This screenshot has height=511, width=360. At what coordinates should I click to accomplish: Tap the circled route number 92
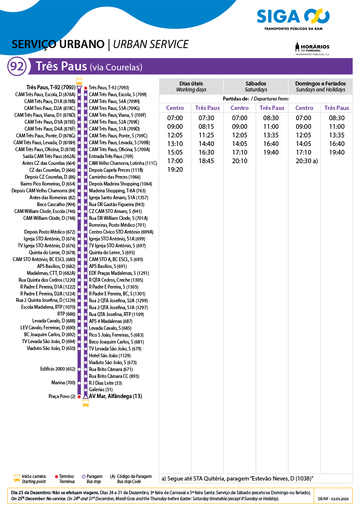coord(17,67)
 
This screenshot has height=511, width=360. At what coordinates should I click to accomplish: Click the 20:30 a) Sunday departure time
coord(306,161)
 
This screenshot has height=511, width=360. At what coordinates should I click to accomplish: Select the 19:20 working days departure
coord(175,170)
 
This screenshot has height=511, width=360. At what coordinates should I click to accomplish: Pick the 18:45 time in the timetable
coord(206,161)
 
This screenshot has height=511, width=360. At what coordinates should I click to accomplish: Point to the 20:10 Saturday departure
coord(239,161)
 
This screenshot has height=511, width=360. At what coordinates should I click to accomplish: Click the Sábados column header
coord(256,86)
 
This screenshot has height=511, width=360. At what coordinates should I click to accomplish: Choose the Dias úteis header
coord(191,86)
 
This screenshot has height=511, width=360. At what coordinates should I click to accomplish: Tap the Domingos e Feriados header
coord(320,86)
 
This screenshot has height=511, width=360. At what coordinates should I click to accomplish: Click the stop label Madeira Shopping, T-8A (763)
coord(117,191)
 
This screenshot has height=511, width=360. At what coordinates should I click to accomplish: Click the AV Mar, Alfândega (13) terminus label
coord(115,396)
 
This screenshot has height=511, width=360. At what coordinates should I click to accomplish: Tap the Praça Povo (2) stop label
coord(62,396)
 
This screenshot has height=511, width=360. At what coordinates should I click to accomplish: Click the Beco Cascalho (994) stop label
coord(56,204)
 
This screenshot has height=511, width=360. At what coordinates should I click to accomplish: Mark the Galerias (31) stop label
coord(100,389)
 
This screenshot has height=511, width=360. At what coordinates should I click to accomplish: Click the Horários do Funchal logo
coord(312,48)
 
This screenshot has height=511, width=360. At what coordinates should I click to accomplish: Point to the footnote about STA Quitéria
coord(237,478)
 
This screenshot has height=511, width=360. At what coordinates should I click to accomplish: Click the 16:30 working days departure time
coord(206,152)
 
